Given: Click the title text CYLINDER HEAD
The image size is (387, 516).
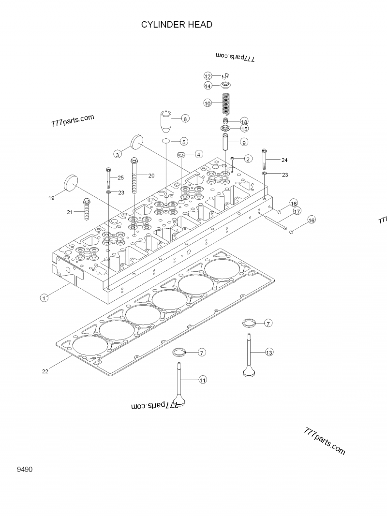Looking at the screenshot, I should click(x=177, y=25).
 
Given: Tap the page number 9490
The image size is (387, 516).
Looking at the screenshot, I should click(x=24, y=469).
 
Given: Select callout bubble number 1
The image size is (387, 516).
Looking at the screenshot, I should click(x=44, y=298).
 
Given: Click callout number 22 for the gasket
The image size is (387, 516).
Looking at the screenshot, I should click(x=45, y=371).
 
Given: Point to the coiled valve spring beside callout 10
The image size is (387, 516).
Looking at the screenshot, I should click(x=225, y=103).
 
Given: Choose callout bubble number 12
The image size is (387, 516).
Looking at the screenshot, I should click(x=208, y=76).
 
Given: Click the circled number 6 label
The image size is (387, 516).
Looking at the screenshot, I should click(x=184, y=118).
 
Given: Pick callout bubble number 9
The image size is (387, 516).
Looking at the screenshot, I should click(x=244, y=142).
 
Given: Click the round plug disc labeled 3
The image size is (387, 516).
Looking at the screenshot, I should click(x=138, y=142).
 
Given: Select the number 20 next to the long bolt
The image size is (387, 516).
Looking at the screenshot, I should click(x=151, y=176).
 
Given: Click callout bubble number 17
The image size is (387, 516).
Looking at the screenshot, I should click(x=297, y=211).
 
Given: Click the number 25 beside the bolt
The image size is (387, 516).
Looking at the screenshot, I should click(x=120, y=177).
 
